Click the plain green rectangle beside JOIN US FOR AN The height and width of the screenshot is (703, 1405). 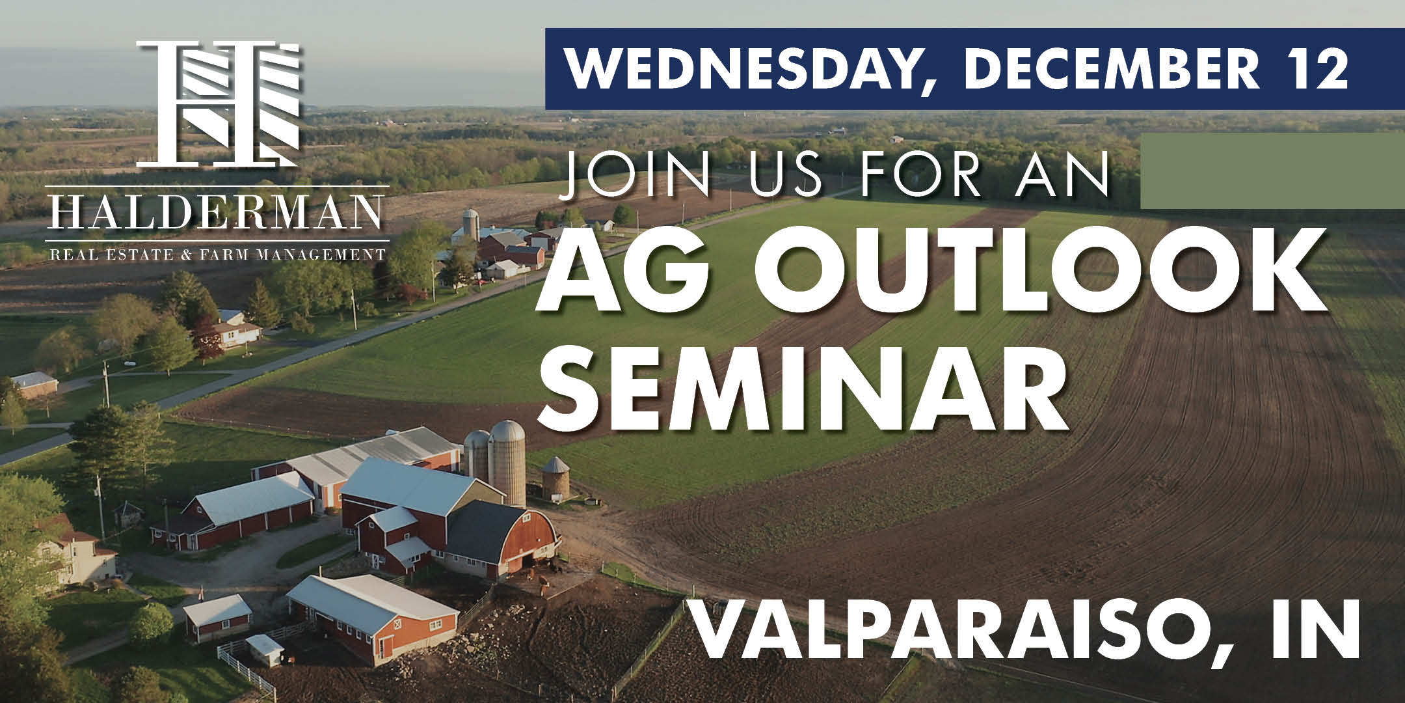pyautogui.click(x=1272, y=171)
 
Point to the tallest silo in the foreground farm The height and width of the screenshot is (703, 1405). pyautogui.click(x=507, y=463)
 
